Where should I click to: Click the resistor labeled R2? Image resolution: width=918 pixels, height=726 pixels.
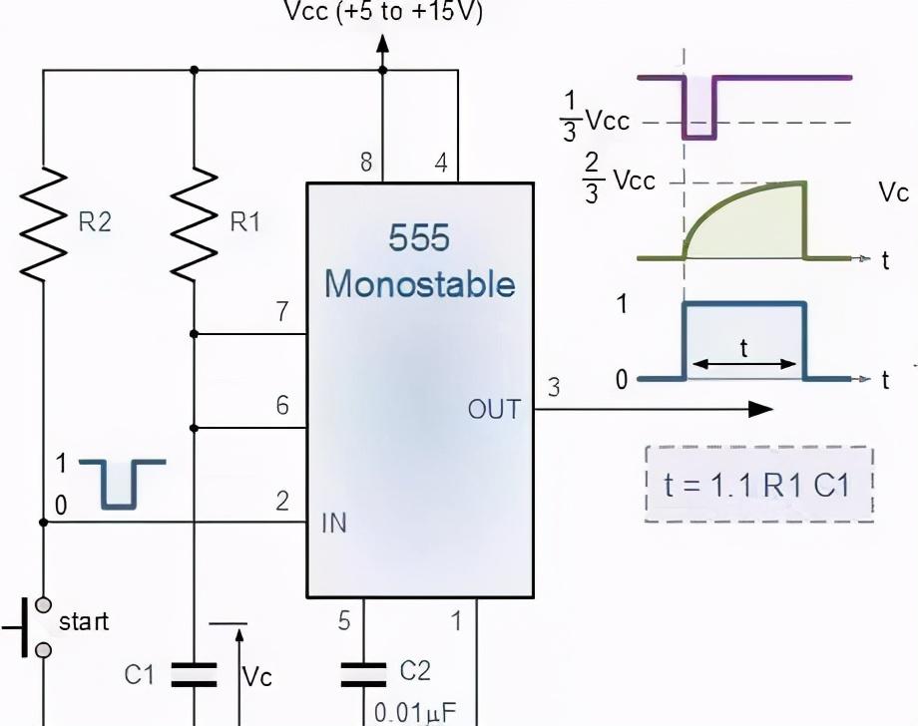(43, 223)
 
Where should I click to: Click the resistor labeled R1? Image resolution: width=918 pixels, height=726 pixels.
(194, 223)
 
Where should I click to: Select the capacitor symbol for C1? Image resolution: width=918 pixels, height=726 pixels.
(194, 675)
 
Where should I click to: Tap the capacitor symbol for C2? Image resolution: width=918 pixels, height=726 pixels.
(363, 674)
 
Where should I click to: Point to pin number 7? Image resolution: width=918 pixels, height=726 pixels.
(282, 313)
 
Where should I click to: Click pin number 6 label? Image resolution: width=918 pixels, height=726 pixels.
(282, 405)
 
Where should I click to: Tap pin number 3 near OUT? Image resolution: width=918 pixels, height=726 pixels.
(554, 387)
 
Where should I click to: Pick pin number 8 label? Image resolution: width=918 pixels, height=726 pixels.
(366, 163)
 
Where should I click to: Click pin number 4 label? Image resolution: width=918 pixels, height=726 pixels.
(440, 163)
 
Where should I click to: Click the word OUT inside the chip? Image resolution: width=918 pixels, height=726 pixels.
(495, 409)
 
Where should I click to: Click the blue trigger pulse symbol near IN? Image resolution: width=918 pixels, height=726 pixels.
(121, 483)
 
